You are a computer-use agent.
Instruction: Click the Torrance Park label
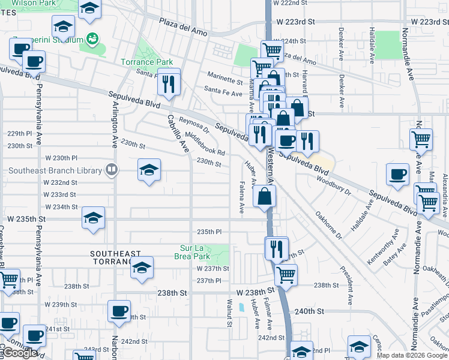coord(146,62)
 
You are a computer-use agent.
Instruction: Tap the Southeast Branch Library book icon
coord(111,170)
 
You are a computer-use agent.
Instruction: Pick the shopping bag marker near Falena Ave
coord(265,196)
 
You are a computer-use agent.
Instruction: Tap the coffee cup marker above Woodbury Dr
coord(397,174)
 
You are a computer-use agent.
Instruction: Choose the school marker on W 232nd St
coord(149,170)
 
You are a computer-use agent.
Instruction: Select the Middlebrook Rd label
coord(205,143)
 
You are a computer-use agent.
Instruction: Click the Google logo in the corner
coord(19,353)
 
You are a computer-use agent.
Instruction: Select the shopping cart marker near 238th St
coord(286,275)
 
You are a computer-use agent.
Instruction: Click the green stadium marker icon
coord(92,39)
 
